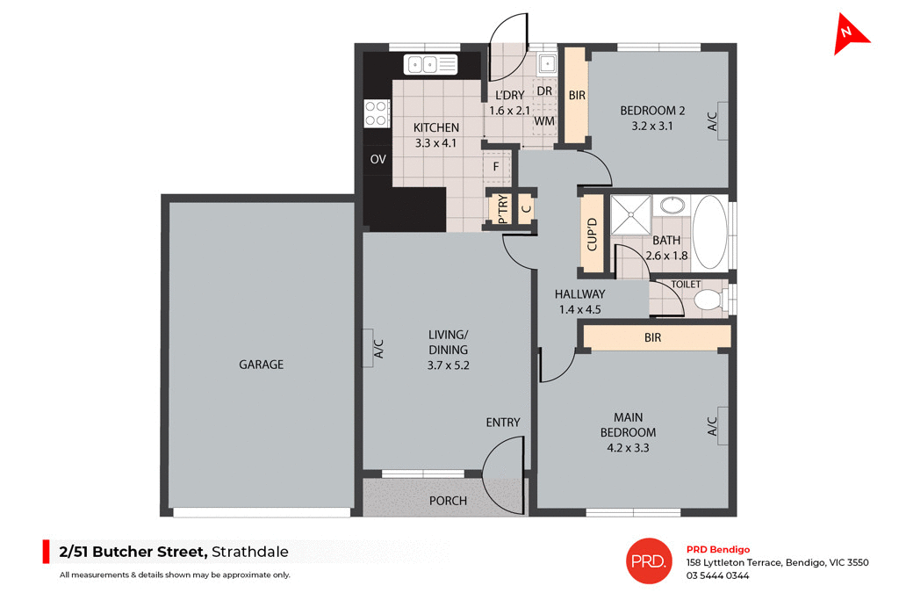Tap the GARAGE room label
pyautogui.click(x=262, y=364)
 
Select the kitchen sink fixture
pyautogui.click(x=431, y=64)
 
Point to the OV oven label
pyautogui.click(x=378, y=159)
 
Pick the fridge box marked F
pyautogui.click(x=496, y=166)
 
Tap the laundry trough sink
pyautogui.click(x=546, y=63)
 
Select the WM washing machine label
pyautogui.click(x=544, y=120)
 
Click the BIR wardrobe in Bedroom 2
pyautogui.click(x=577, y=95)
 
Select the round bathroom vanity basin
pyautogui.click(x=672, y=206)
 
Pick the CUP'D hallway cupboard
pyautogui.click(x=592, y=234)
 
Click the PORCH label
pyautogui.click(x=448, y=501)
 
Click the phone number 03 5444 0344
pyautogui.click(x=717, y=575)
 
